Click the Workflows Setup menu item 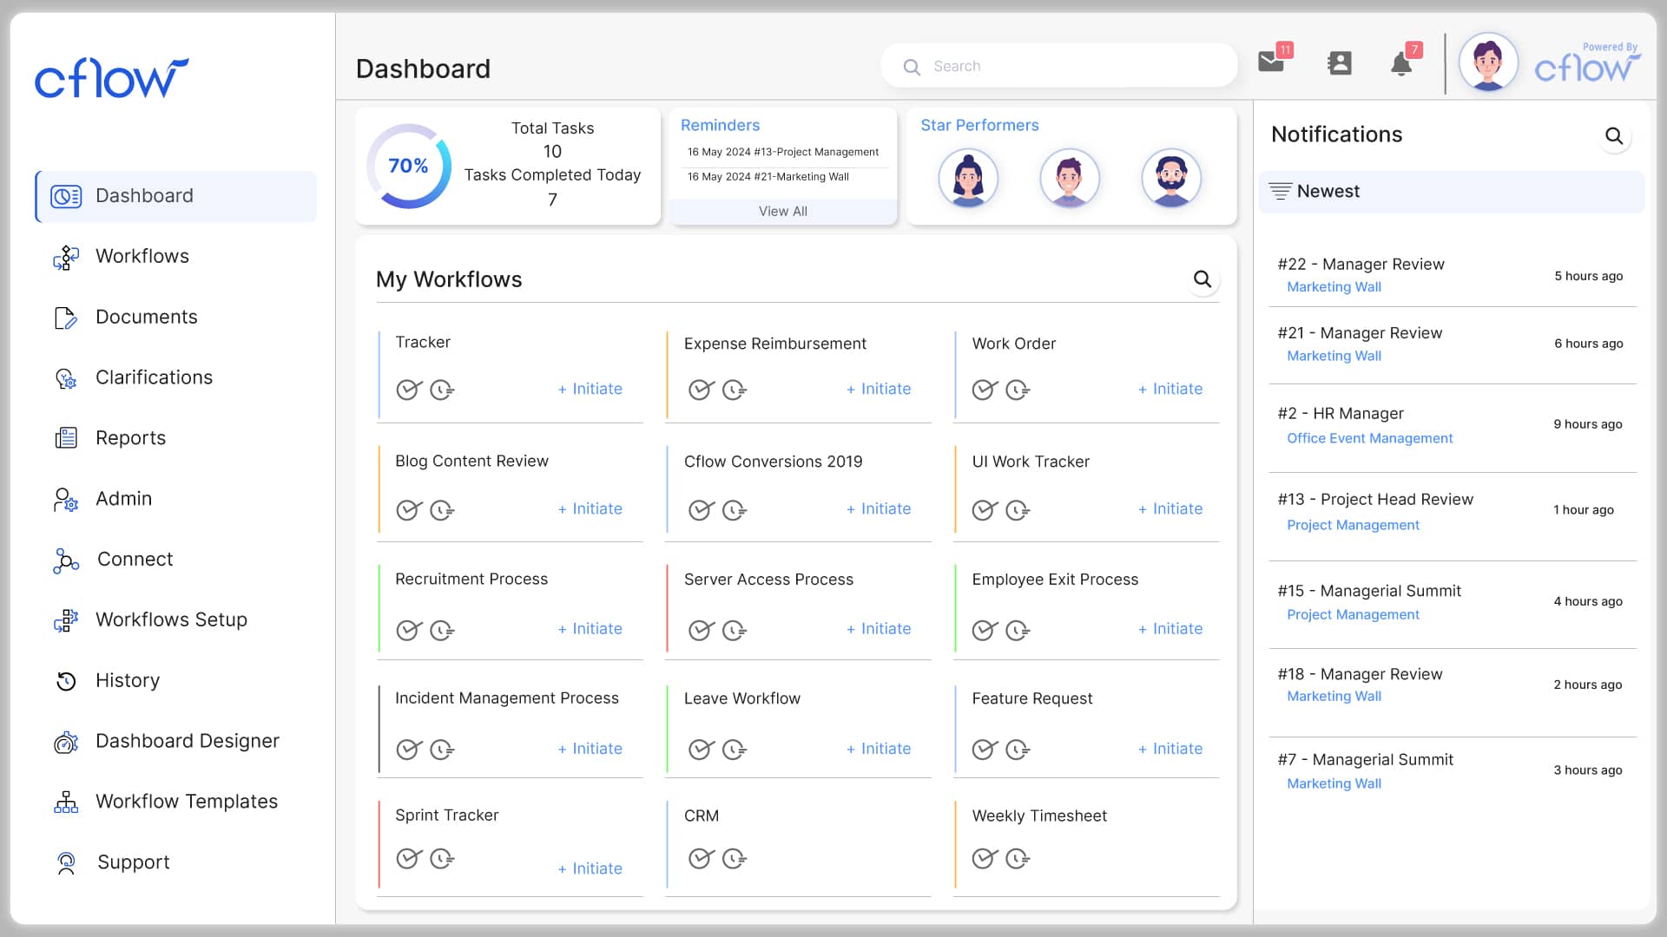pos(171,619)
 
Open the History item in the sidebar pos(128,680)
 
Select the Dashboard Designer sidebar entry pos(187,741)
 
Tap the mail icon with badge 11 pos(1271,62)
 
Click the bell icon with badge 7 pos(1400,64)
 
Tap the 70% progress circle pos(408,166)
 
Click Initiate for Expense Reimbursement pos(879,389)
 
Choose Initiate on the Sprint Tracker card pos(590,868)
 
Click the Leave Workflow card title pos(742,698)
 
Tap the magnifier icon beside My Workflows pos(1202,279)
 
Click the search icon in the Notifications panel pos(1614,136)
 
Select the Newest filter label pos(1328,191)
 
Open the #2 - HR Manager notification pos(1341,414)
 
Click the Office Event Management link pos(1369,438)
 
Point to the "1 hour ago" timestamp pos(1584,510)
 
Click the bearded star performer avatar pos(1171,178)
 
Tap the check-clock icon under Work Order pos(985,390)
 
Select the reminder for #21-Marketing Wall pos(768,177)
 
